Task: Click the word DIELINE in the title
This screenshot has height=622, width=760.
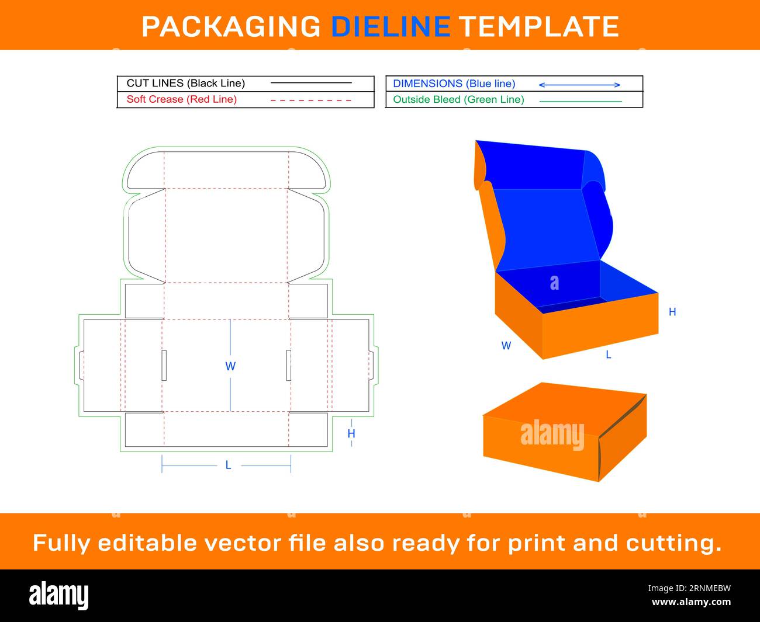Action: [391, 26]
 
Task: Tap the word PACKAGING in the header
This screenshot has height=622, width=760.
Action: [231, 26]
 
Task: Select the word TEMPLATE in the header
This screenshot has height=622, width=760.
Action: [538, 26]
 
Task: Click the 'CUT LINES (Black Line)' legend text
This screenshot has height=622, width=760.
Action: [186, 84]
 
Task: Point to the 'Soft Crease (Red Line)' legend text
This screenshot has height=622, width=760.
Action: [182, 99]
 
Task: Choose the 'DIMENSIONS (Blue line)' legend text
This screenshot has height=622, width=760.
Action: [454, 84]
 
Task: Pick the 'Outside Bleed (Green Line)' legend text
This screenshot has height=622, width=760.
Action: [458, 100]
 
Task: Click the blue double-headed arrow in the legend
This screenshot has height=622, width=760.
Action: [579, 85]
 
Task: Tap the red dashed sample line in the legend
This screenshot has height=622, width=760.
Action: [311, 100]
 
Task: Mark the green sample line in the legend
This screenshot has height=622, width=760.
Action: [581, 102]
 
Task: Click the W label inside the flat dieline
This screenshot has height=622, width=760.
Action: [230, 367]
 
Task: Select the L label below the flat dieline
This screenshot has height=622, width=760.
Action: [229, 465]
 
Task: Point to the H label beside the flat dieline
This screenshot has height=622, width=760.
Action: [351, 433]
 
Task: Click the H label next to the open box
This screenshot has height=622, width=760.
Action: [672, 312]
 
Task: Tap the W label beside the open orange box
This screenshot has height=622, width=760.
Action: [506, 346]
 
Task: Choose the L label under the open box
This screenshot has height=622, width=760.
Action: [609, 355]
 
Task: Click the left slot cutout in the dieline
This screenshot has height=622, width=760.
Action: [164, 365]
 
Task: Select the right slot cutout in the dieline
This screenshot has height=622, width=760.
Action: [289, 365]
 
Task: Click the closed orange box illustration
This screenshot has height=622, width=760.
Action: [564, 432]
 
